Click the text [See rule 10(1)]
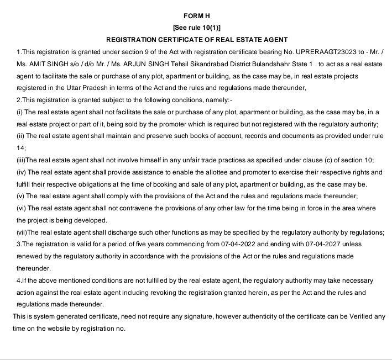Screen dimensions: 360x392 [197, 28]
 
